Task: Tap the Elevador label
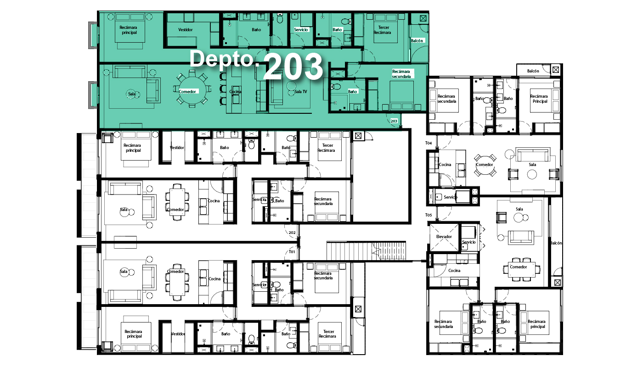[x=444, y=237]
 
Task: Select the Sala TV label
[x=300, y=92]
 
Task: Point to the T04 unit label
[x=428, y=143]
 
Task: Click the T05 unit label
[x=428, y=215]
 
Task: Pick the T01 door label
[x=292, y=252]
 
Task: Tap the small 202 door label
[x=292, y=233]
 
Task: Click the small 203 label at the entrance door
[x=394, y=121]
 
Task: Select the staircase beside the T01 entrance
[x=367, y=251]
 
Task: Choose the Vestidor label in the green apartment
[x=186, y=29]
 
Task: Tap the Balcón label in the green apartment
[x=417, y=41]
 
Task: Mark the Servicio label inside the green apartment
[x=301, y=29]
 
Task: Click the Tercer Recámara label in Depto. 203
[x=382, y=30]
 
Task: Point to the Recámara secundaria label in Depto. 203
[x=401, y=74]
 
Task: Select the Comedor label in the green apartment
[x=187, y=92]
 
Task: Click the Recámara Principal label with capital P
[x=539, y=99]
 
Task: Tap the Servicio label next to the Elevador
[x=469, y=242]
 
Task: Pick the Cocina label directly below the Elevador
[x=454, y=270]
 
